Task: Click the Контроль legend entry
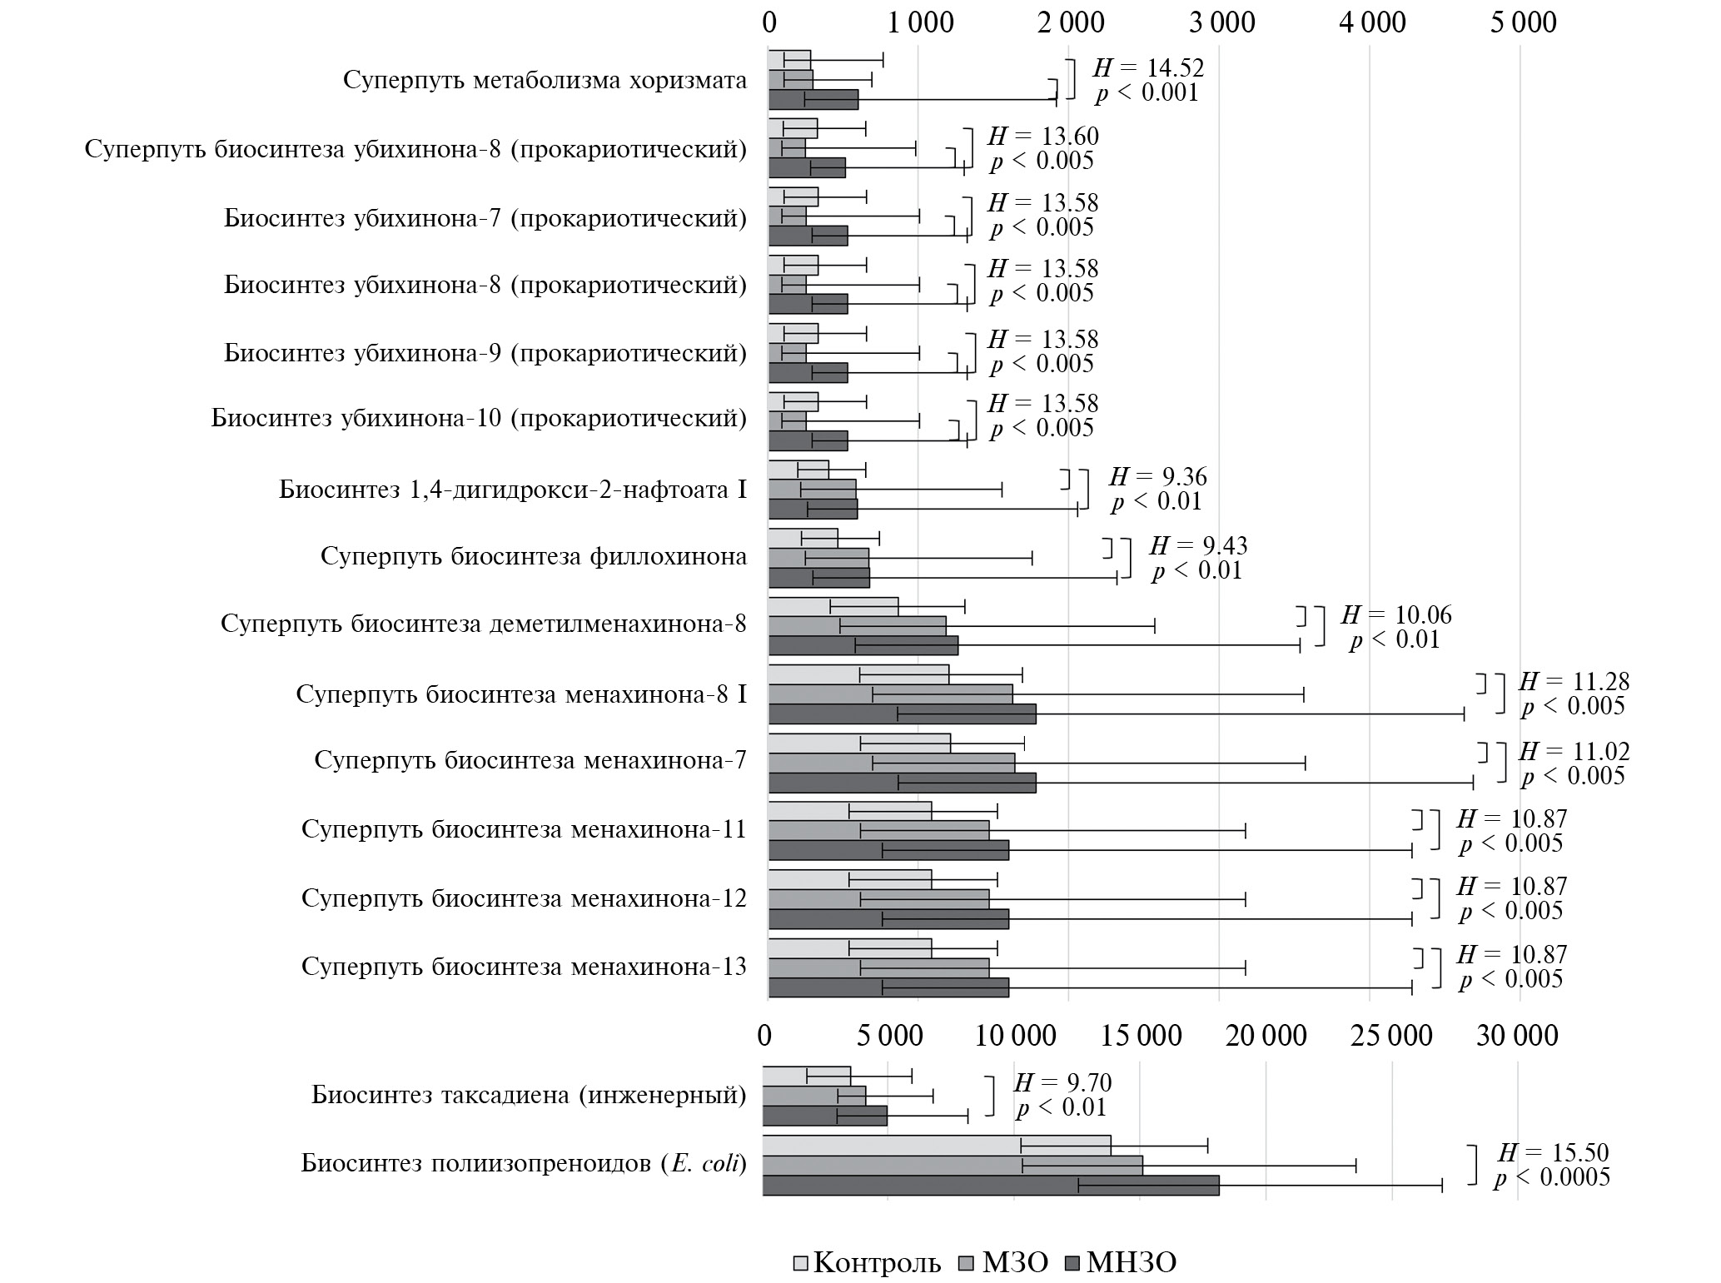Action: pos(867,1262)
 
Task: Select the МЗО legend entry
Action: pos(1003,1262)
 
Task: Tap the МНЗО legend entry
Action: pos(1121,1262)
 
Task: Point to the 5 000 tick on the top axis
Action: pos(1523,22)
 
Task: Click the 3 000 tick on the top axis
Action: pos(1221,22)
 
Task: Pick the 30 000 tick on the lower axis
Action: pos(1517,1035)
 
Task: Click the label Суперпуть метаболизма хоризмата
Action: pos(545,80)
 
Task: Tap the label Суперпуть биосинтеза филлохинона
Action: pos(534,556)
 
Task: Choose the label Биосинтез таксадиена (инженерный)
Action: pos(529,1094)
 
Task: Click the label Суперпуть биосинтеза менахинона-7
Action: pos(530,760)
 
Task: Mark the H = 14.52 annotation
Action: pos(1148,67)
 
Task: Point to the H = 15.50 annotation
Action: pos(1553,1152)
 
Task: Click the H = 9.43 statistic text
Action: pos(1198,546)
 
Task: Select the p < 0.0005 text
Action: pos(1551,1177)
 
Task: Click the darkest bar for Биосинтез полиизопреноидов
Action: pos(990,1186)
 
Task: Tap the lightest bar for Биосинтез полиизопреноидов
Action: pos(936,1145)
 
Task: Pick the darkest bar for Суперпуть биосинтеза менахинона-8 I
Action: pos(902,714)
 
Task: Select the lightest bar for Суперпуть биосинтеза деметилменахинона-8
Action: pos(833,606)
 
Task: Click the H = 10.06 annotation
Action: pos(1395,615)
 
